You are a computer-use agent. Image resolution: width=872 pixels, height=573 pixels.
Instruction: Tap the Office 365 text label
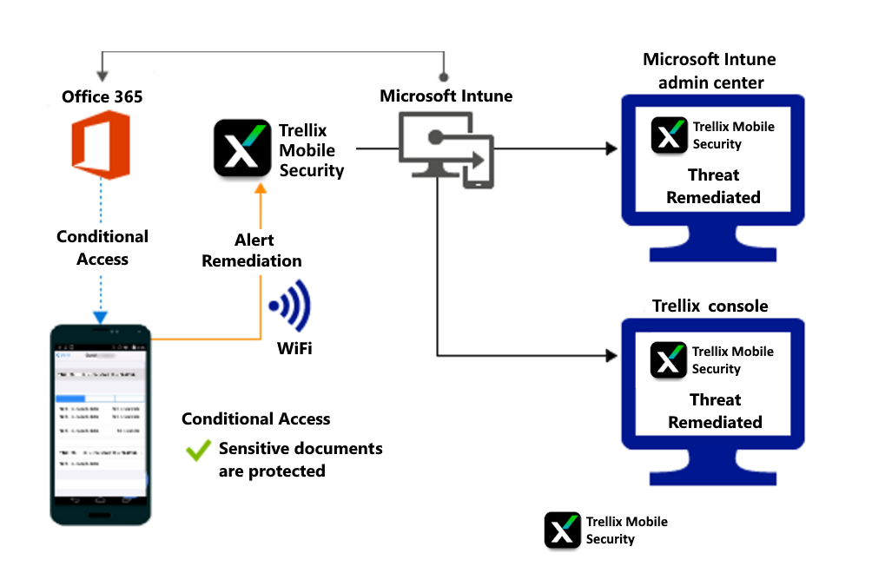[x=102, y=96]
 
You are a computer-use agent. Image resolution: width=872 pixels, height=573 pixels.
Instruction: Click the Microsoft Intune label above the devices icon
[x=446, y=95]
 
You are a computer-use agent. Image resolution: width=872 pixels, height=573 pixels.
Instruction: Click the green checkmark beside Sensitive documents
[x=199, y=450]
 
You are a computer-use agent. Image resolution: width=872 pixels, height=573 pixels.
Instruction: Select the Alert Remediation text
[x=252, y=250]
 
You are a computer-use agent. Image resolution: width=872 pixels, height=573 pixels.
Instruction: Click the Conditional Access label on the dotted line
[x=102, y=247]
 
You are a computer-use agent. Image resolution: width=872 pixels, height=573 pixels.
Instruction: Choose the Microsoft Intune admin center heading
[x=710, y=71]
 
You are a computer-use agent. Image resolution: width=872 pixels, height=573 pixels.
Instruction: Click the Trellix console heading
[x=710, y=306]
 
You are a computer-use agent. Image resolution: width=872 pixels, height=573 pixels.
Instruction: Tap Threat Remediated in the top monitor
[x=713, y=186]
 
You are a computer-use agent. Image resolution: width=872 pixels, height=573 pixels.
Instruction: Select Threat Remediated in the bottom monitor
[x=715, y=411]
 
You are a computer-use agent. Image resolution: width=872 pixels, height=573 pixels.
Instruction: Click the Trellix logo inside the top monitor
[x=669, y=135]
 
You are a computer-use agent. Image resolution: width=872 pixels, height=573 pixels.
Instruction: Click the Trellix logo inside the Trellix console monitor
[x=669, y=360]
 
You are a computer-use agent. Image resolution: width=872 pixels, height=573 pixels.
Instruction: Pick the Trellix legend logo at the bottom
[x=563, y=530]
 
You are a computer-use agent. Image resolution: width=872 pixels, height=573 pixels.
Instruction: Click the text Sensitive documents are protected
[x=300, y=460]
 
